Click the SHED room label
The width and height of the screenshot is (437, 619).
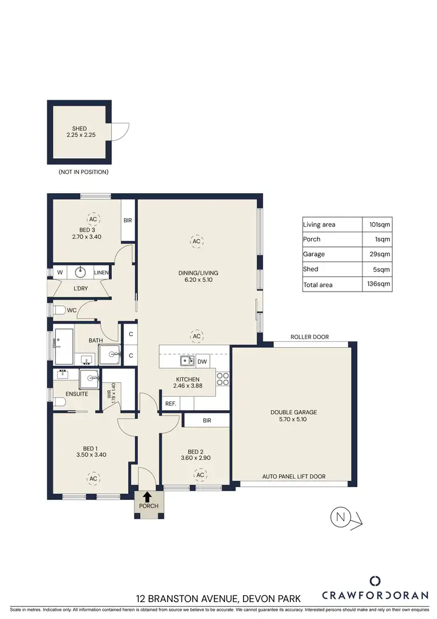coord(79,128)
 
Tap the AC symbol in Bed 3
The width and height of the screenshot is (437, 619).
coord(93,219)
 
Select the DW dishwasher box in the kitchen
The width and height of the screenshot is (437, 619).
coord(203,361)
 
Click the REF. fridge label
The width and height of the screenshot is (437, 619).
coord(171,403)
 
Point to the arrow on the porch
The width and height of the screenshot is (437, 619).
coord(147,496)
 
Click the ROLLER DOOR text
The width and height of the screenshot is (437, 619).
coord(309,337)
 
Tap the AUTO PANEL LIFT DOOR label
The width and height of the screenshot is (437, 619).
coord(294,476)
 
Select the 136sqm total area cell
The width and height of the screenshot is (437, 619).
coord(379,284)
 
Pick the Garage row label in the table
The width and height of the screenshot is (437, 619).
coord(314,254)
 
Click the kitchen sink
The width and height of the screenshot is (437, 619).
coord(187,361)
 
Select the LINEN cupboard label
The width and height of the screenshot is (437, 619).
coord(101,272)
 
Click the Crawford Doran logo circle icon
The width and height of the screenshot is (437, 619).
coord(375,580)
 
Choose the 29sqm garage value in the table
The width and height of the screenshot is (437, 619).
coord(383,254)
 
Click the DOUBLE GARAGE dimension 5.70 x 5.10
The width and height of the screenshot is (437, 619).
coord(294,419)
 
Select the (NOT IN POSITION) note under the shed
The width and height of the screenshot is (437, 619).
coord(83,172)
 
